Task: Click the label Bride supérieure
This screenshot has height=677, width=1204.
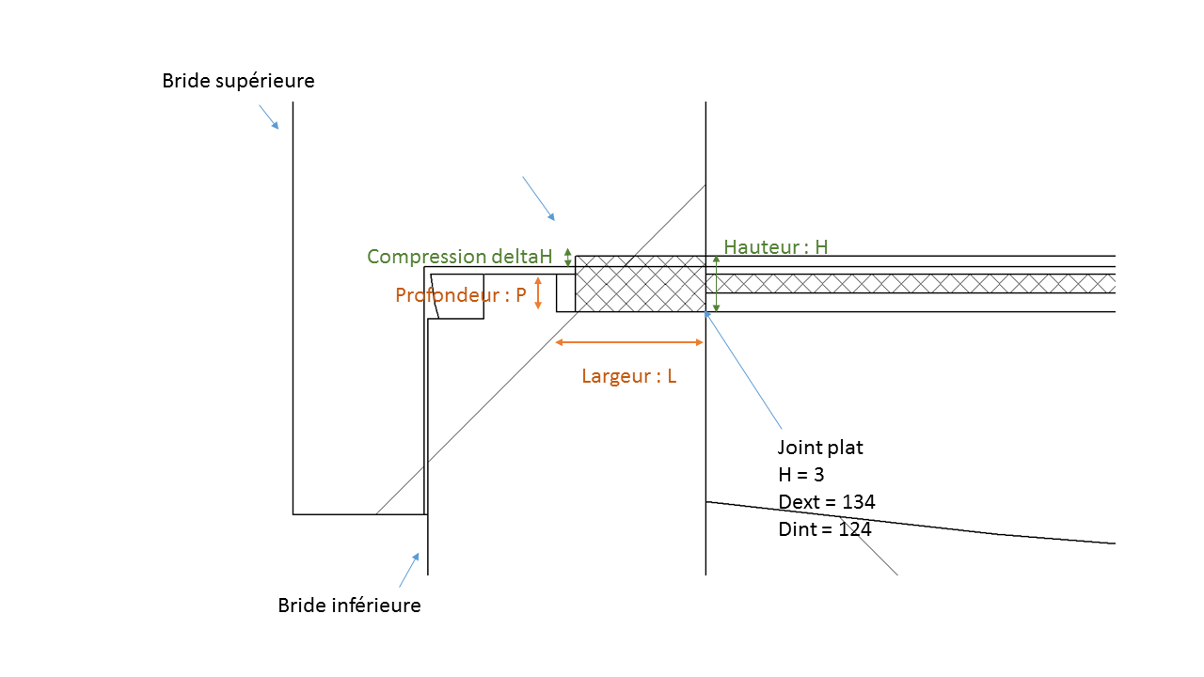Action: (x=238, y=81)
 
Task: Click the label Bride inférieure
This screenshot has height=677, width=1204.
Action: (x=349, y=606)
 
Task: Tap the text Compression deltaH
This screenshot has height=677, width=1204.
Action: (x=459, y=257)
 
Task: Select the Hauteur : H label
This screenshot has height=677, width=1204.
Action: (x=776, y=247)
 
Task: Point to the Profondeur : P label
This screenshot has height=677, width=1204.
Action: (x=460, y=295)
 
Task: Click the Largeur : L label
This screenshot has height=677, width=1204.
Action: (x=628, y=377)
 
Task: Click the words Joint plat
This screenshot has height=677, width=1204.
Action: (x=820, y=448)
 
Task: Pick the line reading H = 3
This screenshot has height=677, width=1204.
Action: (x=801, y=475)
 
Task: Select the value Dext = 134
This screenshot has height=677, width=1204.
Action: (x=827, y=502)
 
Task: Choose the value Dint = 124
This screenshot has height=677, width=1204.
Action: (x=825, y=529)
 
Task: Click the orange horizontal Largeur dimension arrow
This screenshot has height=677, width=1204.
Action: (x=629, y=342)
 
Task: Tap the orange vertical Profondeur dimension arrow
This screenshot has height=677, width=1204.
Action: (x=538, y=292)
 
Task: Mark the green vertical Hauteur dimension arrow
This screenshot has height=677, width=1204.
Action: (x=717, y=283)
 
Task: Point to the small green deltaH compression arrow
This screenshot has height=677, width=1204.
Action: (x=567, y=257)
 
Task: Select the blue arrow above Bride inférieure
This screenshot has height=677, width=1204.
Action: (x=409, y=569)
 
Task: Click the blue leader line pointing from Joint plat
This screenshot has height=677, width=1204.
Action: (x=742, y=370)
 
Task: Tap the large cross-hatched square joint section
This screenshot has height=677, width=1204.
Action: (x=641, y=283)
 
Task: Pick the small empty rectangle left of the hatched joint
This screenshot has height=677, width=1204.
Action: (x=565, y=292)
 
